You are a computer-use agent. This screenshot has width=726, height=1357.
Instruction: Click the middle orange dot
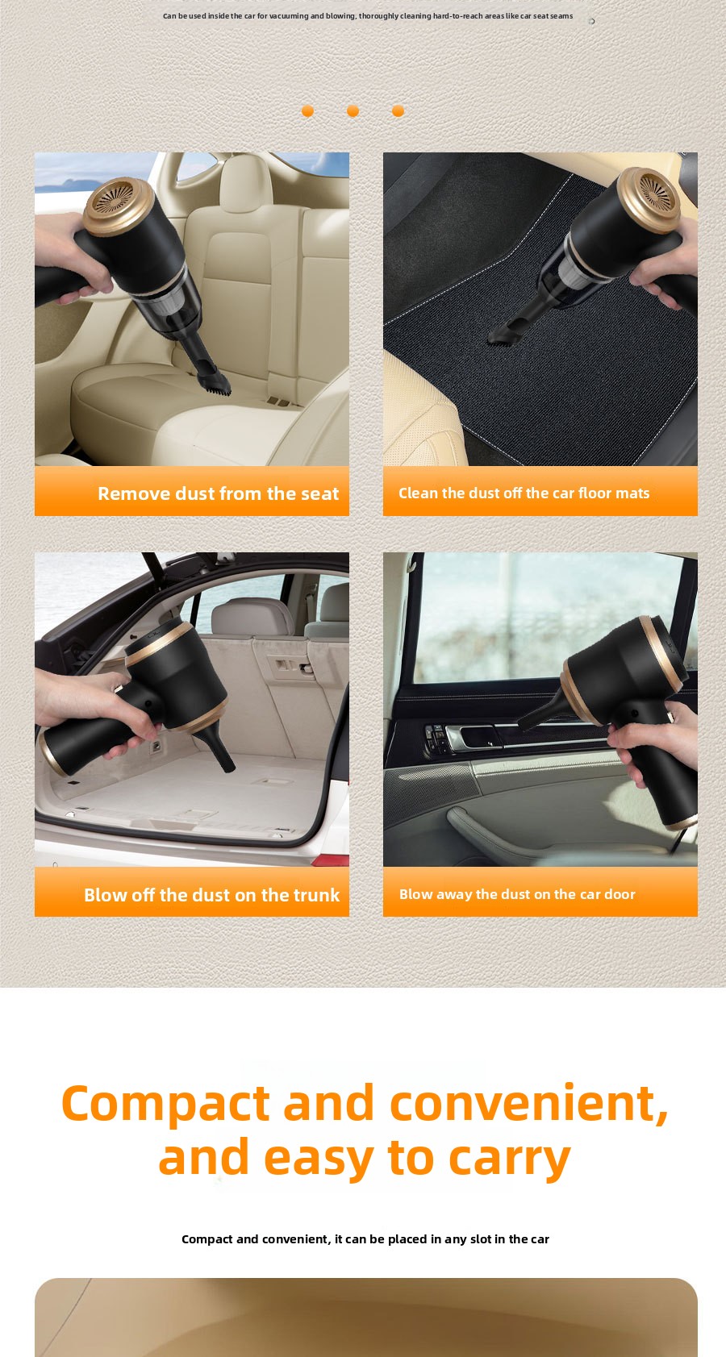coord(353,110)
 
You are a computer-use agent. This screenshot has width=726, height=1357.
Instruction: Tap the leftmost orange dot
coord(308,110)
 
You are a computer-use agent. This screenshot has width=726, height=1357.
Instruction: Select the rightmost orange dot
coord(398,110)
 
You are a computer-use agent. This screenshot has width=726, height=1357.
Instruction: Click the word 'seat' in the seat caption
coord(319,493)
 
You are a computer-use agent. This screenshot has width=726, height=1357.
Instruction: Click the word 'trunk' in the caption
coord(316,895)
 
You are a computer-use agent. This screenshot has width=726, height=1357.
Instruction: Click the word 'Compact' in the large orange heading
coord(165,1104)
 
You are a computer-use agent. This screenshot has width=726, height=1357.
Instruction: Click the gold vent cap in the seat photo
coord(118,205)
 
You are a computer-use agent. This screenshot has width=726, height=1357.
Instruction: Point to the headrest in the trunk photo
coord(252,616)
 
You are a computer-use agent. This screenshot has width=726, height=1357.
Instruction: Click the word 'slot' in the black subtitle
coord(481,1238)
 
